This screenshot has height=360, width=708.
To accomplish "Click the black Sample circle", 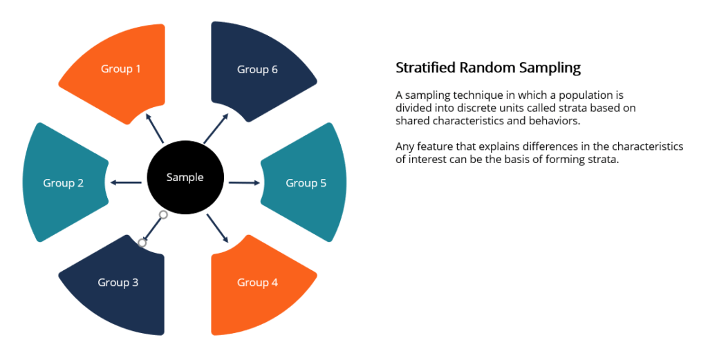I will (185, 178).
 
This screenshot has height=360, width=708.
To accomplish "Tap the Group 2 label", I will (64, 183).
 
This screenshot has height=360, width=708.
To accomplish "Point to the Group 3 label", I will (118, 283).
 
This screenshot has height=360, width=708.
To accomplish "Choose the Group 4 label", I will (257, 283).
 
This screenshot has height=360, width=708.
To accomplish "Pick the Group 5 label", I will (306, 183).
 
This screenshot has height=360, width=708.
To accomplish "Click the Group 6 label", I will (257, 69).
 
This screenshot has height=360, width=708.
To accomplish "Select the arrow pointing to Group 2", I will (126, 182).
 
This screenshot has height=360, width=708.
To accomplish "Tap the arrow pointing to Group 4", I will (218, 228).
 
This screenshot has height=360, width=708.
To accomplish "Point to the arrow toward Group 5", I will (244, 183).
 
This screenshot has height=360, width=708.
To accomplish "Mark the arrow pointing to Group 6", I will (216, 127).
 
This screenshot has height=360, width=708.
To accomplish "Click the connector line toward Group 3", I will (153, 229).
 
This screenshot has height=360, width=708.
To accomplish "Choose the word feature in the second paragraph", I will (435, 147).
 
